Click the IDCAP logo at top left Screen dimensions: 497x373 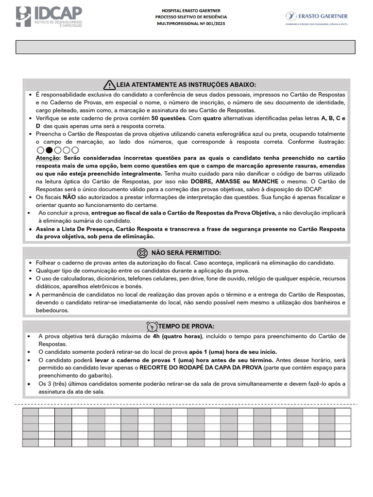pos(49,17)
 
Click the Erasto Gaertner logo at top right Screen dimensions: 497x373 pos(316,17)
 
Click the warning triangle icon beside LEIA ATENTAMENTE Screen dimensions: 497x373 pos(109,85)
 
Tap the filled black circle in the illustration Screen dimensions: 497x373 pos(49,150)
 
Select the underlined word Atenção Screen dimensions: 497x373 pos(49,158)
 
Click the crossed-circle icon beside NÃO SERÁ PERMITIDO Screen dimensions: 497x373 pos(142,253)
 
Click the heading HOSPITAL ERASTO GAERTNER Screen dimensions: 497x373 pos(194,10)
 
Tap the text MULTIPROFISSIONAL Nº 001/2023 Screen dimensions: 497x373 pos(194,23)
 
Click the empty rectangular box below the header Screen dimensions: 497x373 pos(186,47)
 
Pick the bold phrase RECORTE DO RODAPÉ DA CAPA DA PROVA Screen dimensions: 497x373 pos(201,367)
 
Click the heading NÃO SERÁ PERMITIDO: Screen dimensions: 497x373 pos(186,253)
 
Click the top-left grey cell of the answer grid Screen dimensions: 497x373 pos(30,412)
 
